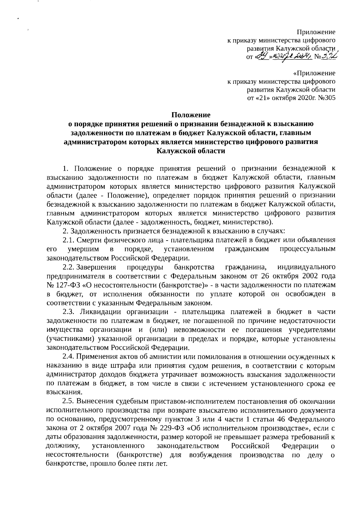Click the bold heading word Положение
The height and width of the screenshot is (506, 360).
(x=191, y=115)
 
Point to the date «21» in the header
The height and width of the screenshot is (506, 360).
(x=260, y=97)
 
